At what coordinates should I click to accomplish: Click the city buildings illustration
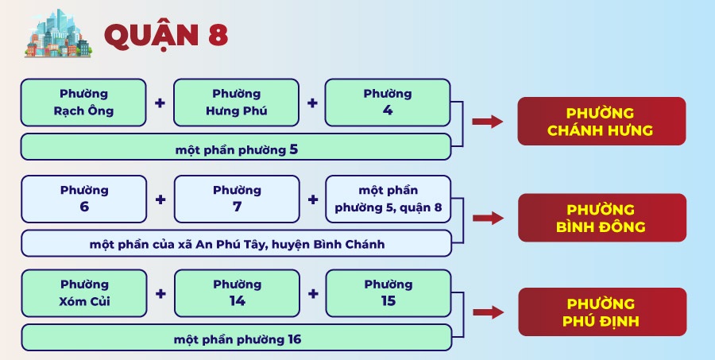tap(58, 34)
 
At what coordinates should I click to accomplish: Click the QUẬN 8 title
tap(166, 36)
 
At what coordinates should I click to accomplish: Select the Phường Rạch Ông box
tap(83, 103)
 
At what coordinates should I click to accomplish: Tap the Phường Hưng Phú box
tap(236, 103)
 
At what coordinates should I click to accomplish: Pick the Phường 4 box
tap(388, 103)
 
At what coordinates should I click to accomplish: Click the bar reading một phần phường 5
tap(236, 147)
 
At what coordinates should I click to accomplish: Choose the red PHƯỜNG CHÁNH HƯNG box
tap(601, 122)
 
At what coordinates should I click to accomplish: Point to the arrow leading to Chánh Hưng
tap(488, 122)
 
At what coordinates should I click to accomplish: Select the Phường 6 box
tap(84, 199)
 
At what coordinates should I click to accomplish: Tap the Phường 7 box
tap(237, 199)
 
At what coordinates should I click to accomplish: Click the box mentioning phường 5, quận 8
tap(388, 199)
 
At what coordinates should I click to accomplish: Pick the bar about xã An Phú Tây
tap(236, 244)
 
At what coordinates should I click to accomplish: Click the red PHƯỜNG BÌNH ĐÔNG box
tap(602, 218)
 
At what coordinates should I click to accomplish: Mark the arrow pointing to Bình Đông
tap(488, 218)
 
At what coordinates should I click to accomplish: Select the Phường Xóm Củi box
tap(84, 293)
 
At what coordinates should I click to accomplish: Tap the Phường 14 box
tap(237, 293)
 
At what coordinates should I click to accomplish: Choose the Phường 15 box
tap(388, 293)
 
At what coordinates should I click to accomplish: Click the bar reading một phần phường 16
tap(237, 338)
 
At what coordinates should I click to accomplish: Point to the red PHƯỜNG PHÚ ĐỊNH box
tap(602, 312)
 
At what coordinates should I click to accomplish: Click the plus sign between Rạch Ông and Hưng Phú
tap(160, 103)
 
